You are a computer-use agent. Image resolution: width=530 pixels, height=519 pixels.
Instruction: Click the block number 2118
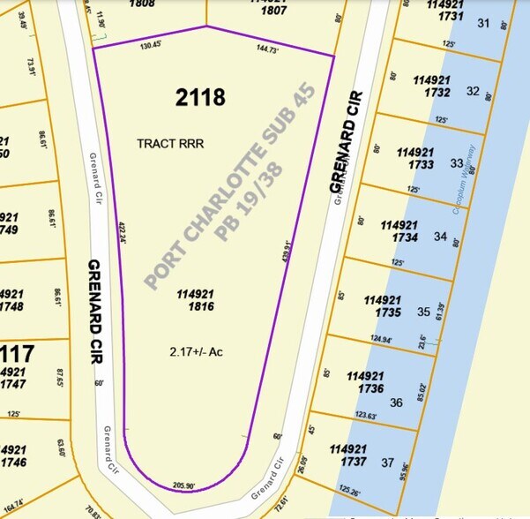pos(200,97)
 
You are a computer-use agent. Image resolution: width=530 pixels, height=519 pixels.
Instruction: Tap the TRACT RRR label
pos(170,143)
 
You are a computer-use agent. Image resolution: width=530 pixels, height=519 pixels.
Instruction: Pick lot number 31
pos(482,23)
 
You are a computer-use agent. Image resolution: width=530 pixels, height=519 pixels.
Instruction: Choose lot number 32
pos(473,91)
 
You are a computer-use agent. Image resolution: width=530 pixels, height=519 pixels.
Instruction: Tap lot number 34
pos(440,237)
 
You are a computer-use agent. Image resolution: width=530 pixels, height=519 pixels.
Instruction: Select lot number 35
pos(423,312)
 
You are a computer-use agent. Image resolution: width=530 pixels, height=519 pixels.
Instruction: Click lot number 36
pos(396,402)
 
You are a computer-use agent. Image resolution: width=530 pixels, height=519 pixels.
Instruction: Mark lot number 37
pos(387,463)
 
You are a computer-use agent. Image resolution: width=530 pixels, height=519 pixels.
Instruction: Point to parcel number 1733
pos(417,163)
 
